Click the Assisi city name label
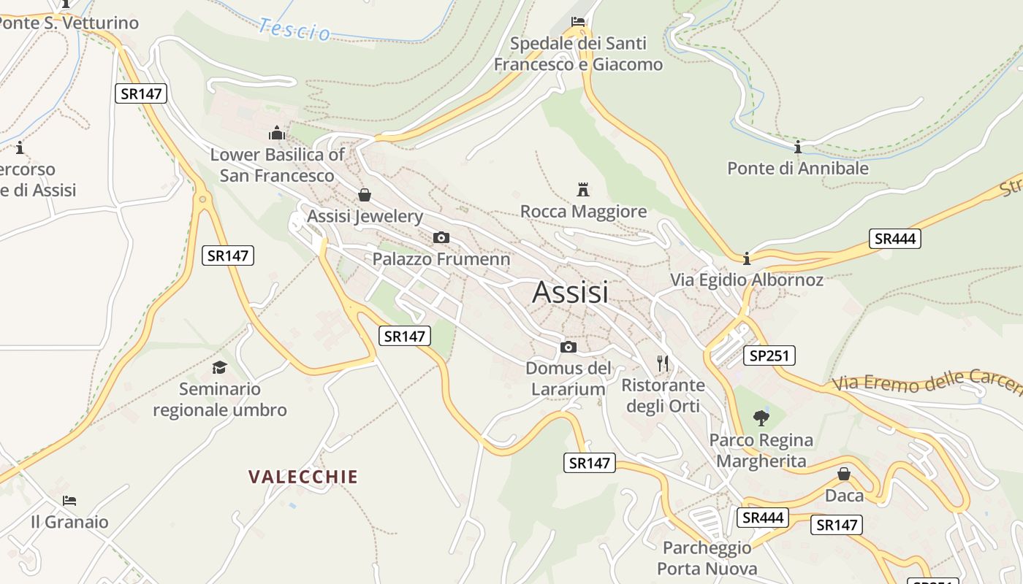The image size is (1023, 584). [570, 292]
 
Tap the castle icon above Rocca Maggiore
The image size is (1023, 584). [582, 190]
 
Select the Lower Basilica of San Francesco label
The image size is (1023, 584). [277, 165]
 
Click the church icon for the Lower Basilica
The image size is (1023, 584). [277, 133]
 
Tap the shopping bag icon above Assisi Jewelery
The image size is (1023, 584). [364, 195]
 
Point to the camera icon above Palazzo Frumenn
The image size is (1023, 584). [441, 237]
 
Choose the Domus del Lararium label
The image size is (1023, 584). [568, 378]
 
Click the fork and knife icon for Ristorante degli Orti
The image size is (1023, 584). [663, 363]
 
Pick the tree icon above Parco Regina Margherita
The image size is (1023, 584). [761, 418]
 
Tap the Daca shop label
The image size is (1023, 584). [844, 496]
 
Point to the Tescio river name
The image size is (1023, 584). [294, 30]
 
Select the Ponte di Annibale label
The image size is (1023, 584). [798, 168]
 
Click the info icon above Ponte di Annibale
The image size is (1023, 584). [798, 147]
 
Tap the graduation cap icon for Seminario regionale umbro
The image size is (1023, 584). [219, 367]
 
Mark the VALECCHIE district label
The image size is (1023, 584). [303, 477]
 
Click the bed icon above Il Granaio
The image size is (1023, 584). [69, 501]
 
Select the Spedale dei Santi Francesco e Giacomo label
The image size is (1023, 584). [578, 54]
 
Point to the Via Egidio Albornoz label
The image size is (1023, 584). [747, 280]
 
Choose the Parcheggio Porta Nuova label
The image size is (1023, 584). [707, 558]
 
